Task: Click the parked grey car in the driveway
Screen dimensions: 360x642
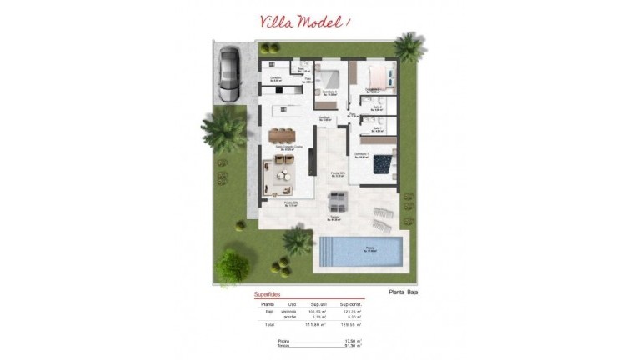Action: pyautogui.click(x=228, y=72)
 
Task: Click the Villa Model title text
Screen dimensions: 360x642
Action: pyautogui.click(x=305, y=22)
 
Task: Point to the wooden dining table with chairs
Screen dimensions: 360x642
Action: pyautogui.click(x=282, y=134)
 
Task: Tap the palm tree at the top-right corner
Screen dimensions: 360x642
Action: pyautogui.click(x=409, y=47)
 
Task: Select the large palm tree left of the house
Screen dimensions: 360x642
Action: pyautogui.click(x=223, y=130)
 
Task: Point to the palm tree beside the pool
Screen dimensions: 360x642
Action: pyautogui.click(x=297, y=241)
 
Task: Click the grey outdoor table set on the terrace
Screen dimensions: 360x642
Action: pyautogui.click(x=337, y=200)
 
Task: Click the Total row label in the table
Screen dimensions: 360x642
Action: pyautogui.click(x=268, y=323)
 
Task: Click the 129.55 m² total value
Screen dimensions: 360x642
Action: pyautogui.click(x=352, y=323)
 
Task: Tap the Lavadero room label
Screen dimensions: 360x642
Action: pyautogui.click(x=275, y=77)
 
